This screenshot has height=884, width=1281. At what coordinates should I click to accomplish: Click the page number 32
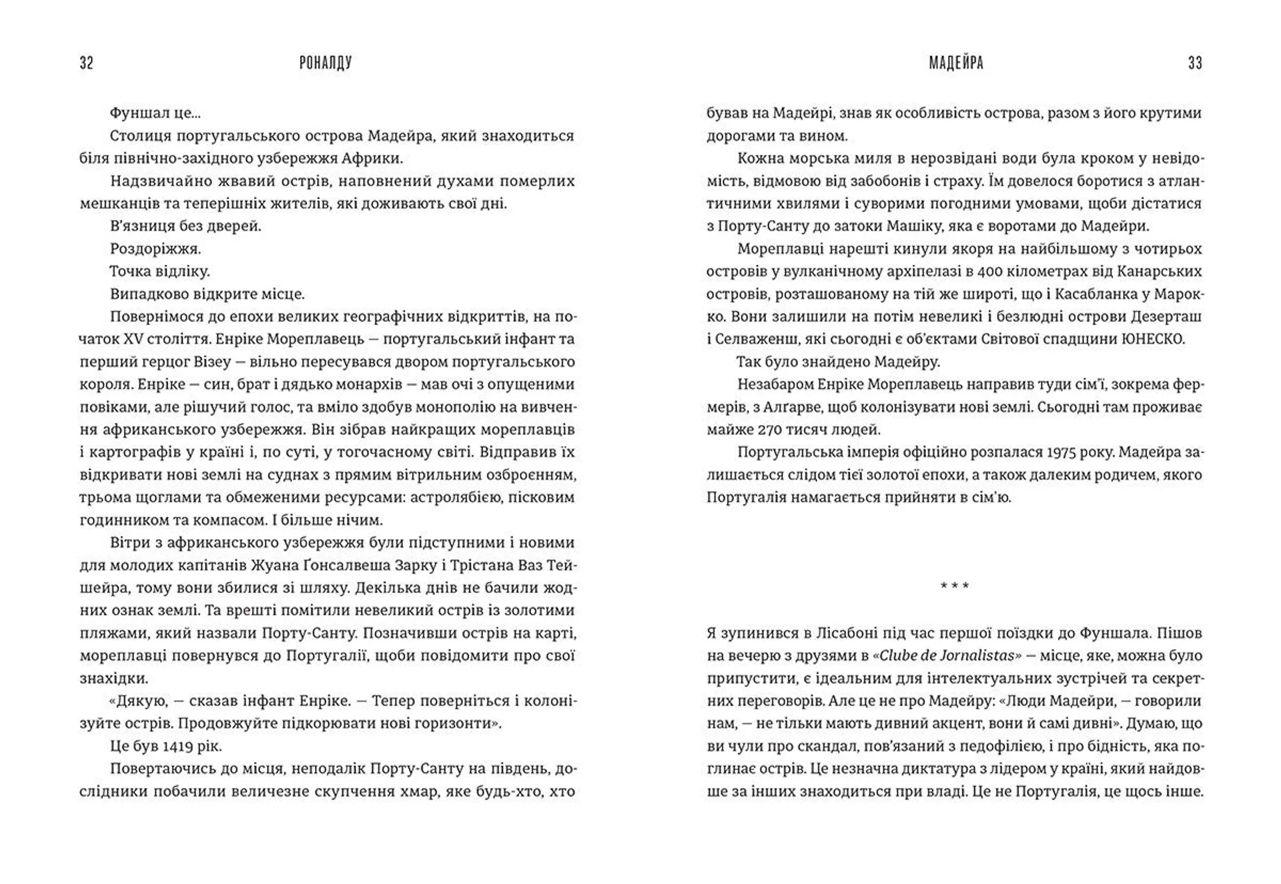86,63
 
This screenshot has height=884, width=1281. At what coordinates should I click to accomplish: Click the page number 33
1195,63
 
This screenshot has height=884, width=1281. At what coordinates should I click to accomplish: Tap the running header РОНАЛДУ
326,63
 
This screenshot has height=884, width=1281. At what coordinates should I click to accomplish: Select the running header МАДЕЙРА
956,63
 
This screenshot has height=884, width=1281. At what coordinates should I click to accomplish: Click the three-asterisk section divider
955,586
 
